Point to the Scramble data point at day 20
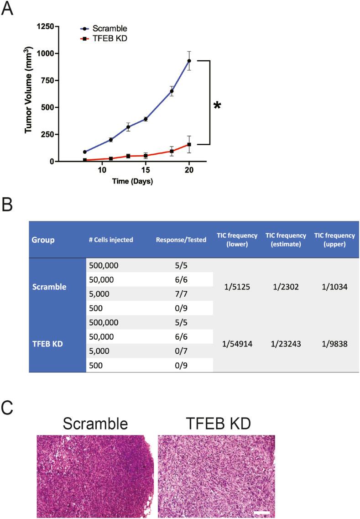[189, 61]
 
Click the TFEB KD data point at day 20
[189, 145]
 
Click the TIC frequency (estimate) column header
[285, 240]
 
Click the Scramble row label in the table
[49, 288]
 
